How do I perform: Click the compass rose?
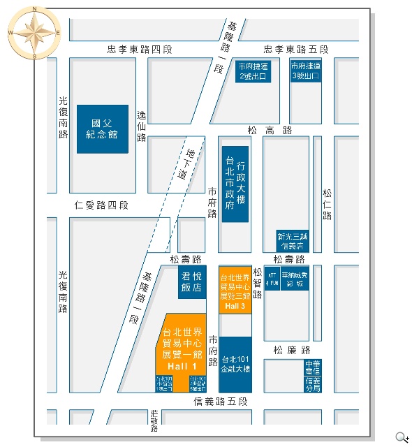pos(34,32)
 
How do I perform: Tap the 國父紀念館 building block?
pos(103,129)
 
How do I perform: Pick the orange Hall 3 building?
pos(235,288)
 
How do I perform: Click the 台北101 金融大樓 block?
pos(235,364)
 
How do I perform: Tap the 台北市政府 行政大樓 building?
pos(235,184)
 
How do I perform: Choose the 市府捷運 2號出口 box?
pos(253,71)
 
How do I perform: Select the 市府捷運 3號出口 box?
pos(306,71)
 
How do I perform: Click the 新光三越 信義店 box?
pos(292,240)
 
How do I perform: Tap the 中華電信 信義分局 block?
pos(313,376)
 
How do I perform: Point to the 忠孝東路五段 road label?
pos(295,50)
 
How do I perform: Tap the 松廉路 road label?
pos(292,350)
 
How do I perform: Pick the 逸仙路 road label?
pos(142,126)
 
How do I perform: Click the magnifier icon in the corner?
pos(402,438)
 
